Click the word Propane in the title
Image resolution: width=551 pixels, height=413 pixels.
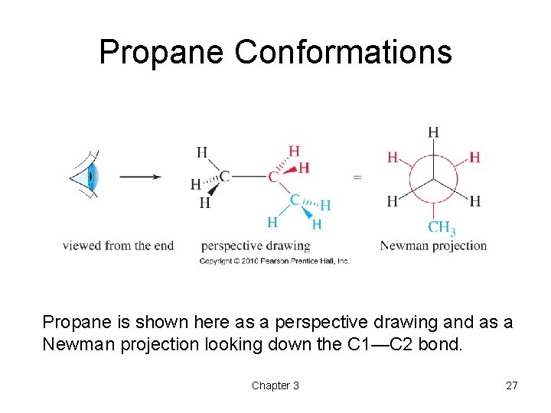click(162, 53)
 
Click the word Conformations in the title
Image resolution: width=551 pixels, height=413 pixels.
click(344, 53)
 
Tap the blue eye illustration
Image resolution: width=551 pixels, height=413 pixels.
click(90, 177)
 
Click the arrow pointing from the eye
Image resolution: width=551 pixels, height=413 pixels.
click(141, 177)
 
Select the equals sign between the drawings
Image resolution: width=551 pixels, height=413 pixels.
click(357, 177)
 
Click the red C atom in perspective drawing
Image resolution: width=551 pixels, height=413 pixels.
click(273, 177)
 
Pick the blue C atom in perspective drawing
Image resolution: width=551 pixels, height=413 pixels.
click(295, 200)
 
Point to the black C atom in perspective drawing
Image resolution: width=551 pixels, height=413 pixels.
click(224, 177)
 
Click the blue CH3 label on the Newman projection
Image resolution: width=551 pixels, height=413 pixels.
click(442, 227)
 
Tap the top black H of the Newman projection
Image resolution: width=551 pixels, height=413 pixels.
click(433, 132)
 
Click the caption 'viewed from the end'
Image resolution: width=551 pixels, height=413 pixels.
click(118, 246)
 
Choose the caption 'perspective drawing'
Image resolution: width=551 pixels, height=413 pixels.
click(256, 246)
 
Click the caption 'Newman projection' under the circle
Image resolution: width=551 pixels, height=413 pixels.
click(433, 246)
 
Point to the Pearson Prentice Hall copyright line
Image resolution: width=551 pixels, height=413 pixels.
click(274, 261)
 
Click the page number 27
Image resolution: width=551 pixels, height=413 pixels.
click(511, 385)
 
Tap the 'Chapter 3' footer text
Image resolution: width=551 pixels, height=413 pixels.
click(275, 385)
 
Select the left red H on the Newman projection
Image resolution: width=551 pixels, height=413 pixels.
click(393, 158)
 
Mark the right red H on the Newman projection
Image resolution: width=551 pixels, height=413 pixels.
click(474, 158)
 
